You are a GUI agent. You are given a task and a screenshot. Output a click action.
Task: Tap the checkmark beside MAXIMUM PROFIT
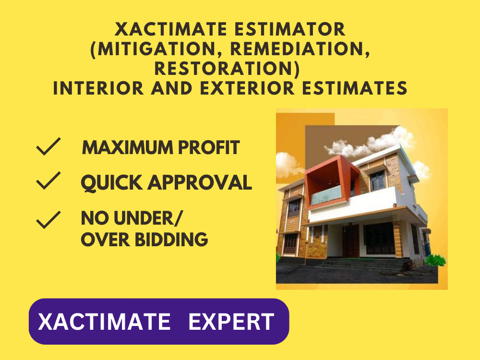click(48, 147)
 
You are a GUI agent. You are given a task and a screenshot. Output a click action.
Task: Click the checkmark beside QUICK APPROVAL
click(48, 181)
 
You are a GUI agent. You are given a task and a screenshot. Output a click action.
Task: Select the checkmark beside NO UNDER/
click(48, 219)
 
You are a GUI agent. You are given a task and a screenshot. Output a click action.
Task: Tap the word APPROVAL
click(202, 182)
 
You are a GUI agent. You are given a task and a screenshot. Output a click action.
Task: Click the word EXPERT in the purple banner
click(231, 322)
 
